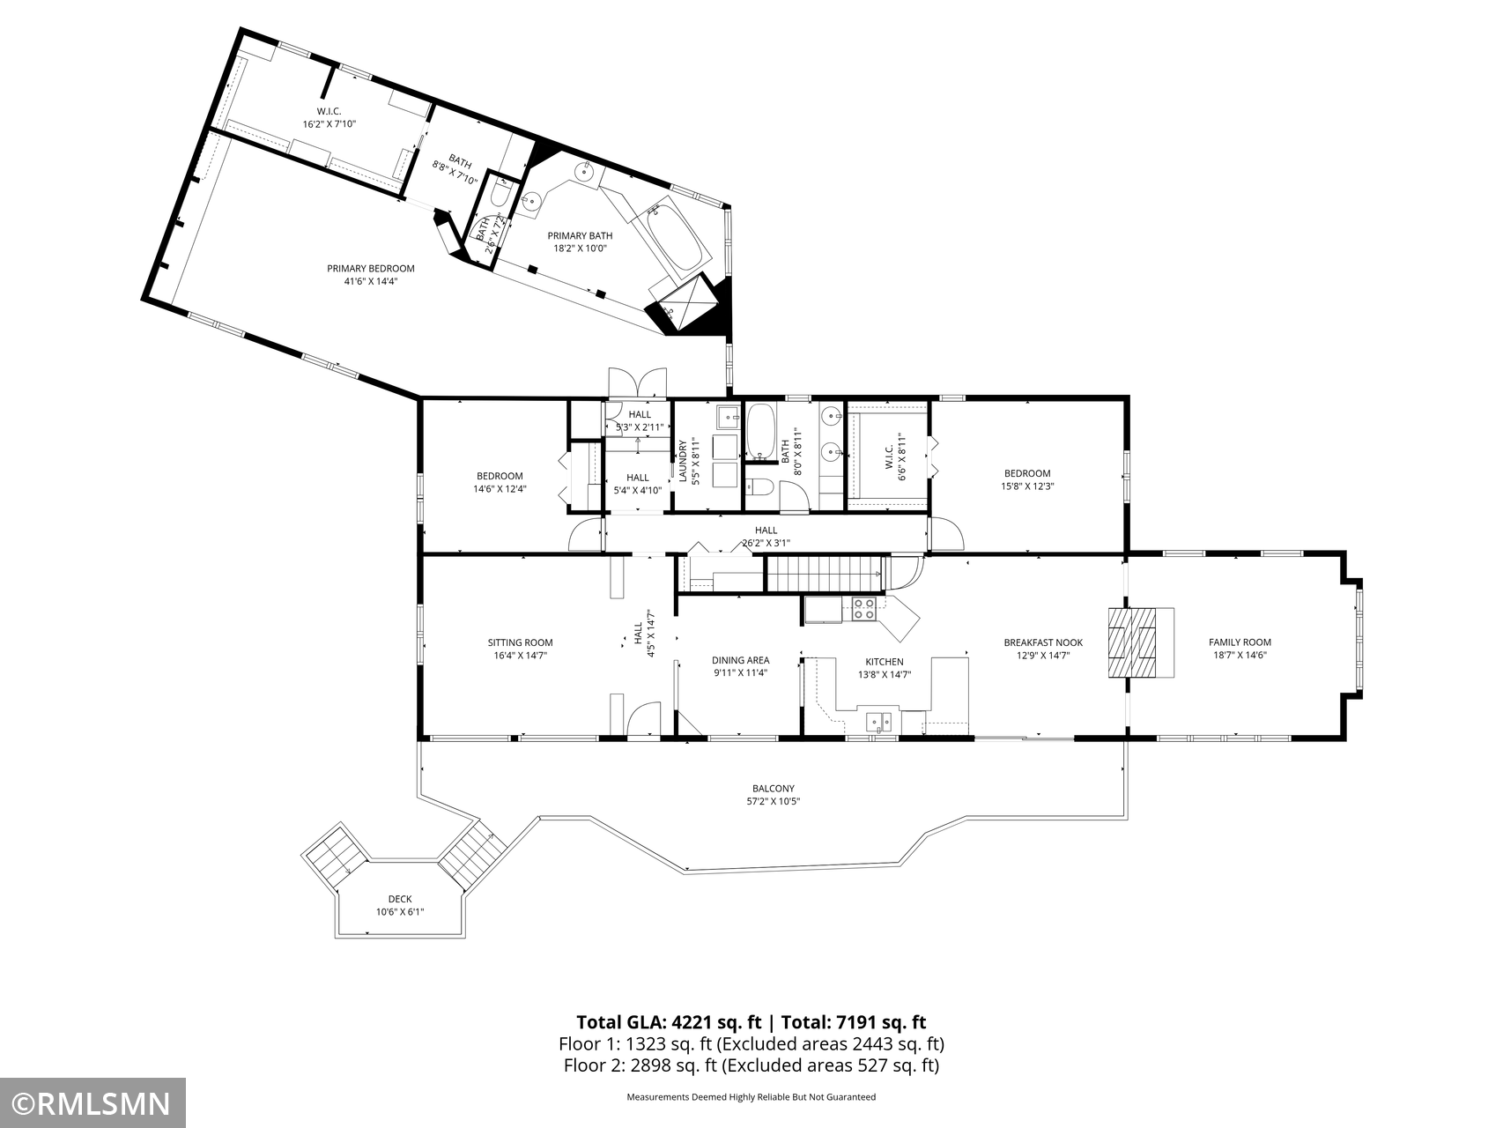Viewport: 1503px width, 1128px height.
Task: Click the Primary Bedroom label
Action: click(x=370, y=269)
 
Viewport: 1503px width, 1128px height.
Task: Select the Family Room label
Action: click(x=1240, y=642)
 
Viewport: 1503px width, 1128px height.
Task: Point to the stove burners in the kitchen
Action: click(x=863, y=608)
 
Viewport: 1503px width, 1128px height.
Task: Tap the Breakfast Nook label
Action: click(x=1043, y=642)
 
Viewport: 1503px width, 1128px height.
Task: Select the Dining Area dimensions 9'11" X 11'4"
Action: click(x=740, y=672)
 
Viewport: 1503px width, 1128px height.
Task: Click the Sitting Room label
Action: click(x=520, y=642)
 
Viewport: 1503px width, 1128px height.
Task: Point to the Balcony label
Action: click(x=773, y=789)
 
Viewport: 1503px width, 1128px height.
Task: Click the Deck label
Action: click(x=399, y=899)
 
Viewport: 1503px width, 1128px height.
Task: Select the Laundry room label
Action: click(x=682, y=462)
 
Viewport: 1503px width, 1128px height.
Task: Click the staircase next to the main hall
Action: click(x=825, y=574)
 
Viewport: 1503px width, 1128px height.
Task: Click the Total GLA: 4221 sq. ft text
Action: click(x=669, y=1022)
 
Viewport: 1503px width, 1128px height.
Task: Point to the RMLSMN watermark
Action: click(x=93, y=1103)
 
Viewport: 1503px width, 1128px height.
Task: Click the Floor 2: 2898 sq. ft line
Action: click(x=751, y=1065)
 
